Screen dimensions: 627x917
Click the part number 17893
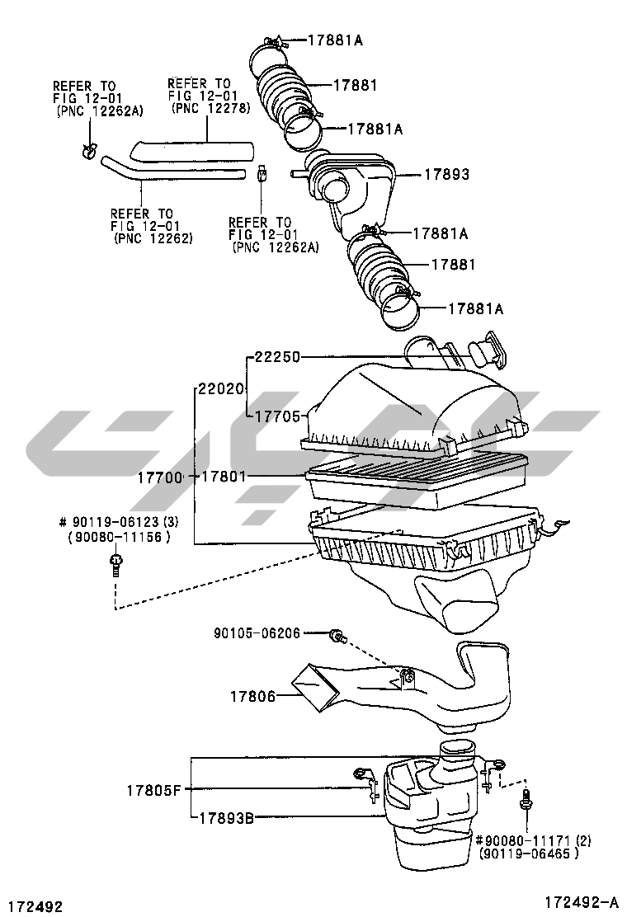(446, 174)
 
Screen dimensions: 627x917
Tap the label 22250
(277, 357)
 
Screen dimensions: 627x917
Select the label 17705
(277, 416)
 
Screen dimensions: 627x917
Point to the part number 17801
(224, 477)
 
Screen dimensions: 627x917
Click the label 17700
(160, 477)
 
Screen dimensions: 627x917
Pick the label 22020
(220, 388)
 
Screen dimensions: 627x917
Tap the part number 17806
(252, 696)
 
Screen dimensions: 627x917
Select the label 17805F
(154, 791)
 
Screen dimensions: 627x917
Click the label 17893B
(226, 818)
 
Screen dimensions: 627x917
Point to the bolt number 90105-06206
(257, 632)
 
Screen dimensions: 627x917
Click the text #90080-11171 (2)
(533, 841)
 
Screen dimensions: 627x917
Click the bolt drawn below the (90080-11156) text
(115, 565)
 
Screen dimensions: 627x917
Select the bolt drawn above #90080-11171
(525, 801)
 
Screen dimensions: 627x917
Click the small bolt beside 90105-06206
(337, 635)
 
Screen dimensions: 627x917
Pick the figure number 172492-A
(581, 902)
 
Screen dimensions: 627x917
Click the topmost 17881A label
(335, 40)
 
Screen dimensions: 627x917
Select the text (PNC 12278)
(211, 108)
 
